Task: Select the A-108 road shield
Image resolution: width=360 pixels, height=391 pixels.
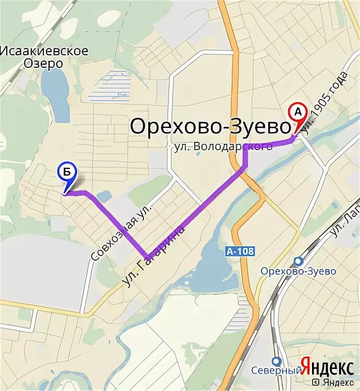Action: (241, 251)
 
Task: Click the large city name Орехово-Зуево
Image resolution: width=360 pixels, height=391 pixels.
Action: (210, 127)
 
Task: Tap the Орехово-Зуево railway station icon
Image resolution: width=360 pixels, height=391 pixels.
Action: (298, 261)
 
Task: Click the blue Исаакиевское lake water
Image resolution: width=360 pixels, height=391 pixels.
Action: (56, 94)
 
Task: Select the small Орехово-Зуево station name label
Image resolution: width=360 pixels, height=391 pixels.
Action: (298, 272)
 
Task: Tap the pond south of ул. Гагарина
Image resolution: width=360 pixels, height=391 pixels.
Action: (209, 261)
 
